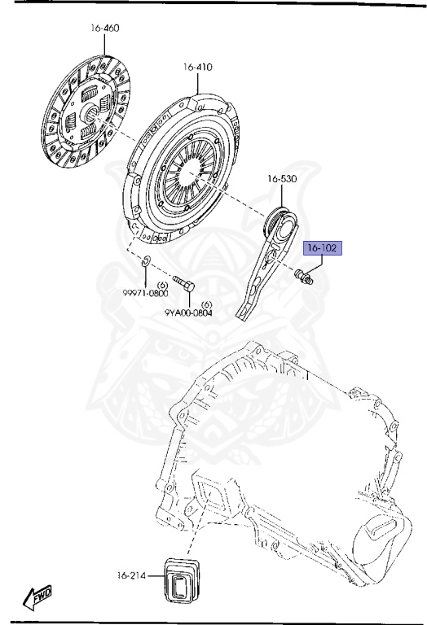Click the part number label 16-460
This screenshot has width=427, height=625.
click(105, 28)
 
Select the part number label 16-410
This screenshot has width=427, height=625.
click(197, 68)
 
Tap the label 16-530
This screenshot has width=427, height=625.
click(281, 178)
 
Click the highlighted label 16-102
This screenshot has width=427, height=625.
click(324, 247)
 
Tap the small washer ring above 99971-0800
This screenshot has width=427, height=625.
click(145, 261)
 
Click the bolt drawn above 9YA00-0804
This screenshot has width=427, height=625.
click(183, 286)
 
